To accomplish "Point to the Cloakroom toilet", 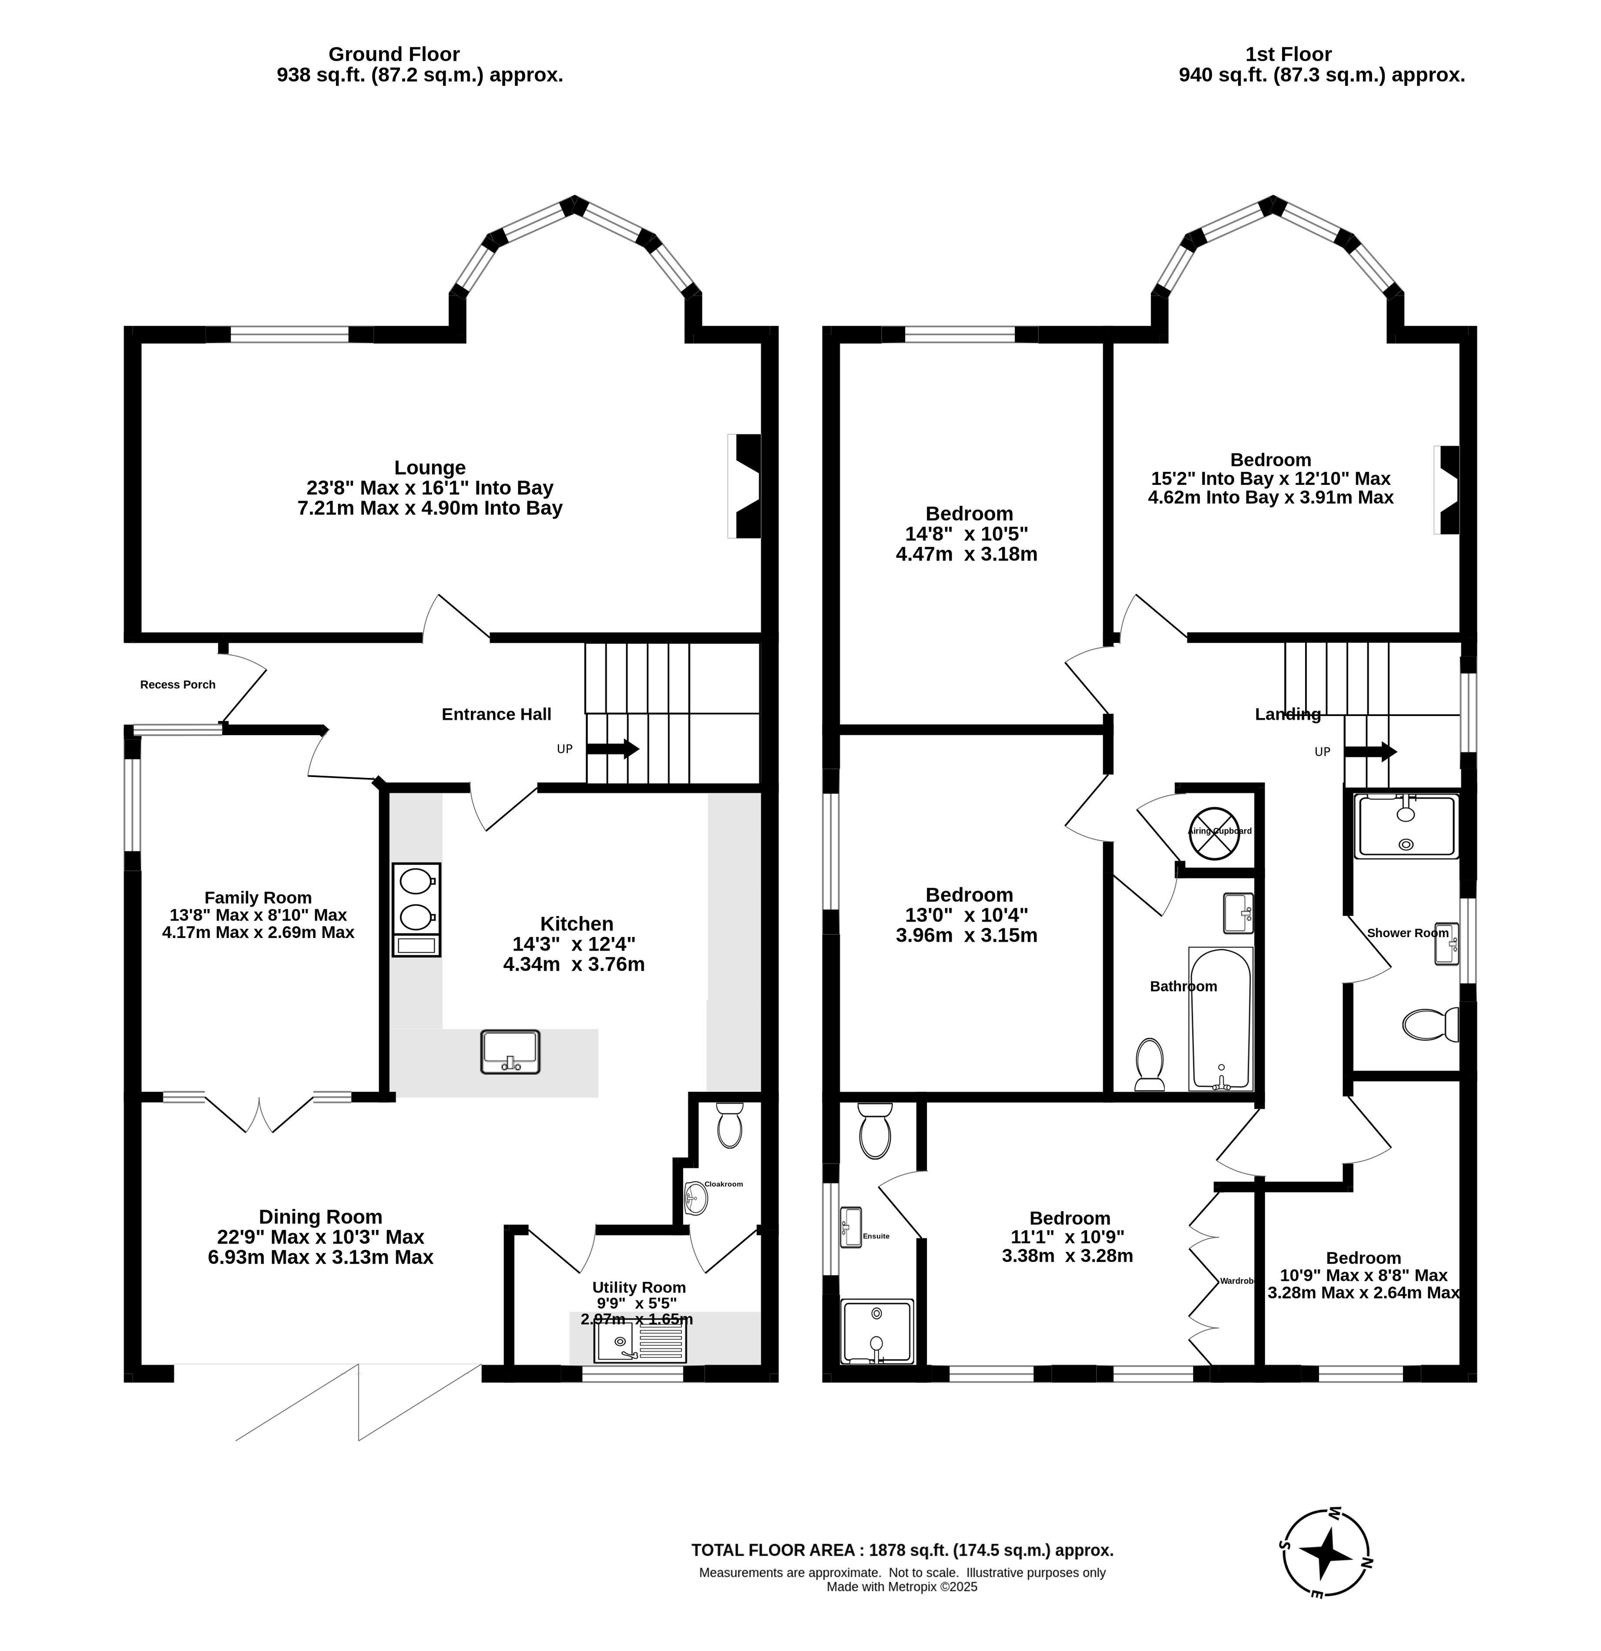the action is (x=729, y=1125).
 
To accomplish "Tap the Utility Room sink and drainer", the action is (x=640, y=1342).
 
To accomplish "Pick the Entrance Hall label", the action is (x=496, y=714).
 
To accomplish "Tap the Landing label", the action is (x=1288, y=714).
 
